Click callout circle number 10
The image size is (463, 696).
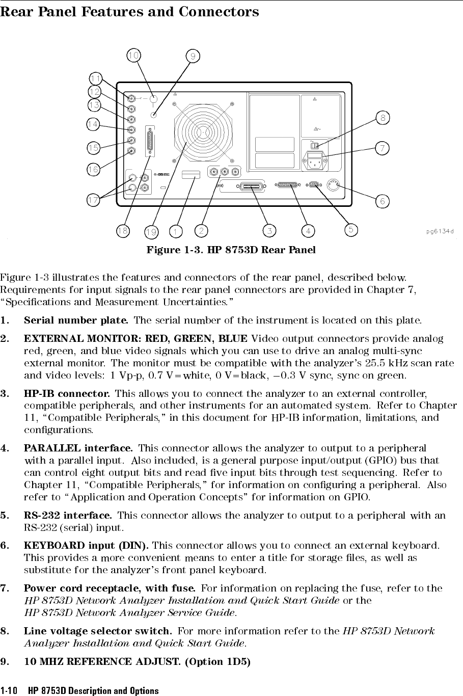pos(134,55)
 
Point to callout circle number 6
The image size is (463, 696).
pos(383,201)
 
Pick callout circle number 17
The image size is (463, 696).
pos(93,200)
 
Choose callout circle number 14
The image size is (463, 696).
pos(93,124)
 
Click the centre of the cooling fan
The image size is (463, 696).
pos(203,130)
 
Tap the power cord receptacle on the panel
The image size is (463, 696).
pos(315,162)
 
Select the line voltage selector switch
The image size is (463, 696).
pos(314,146)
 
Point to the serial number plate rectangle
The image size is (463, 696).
pos(190,175)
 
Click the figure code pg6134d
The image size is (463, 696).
pos(441,231)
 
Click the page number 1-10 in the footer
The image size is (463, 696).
pos(10,691)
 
